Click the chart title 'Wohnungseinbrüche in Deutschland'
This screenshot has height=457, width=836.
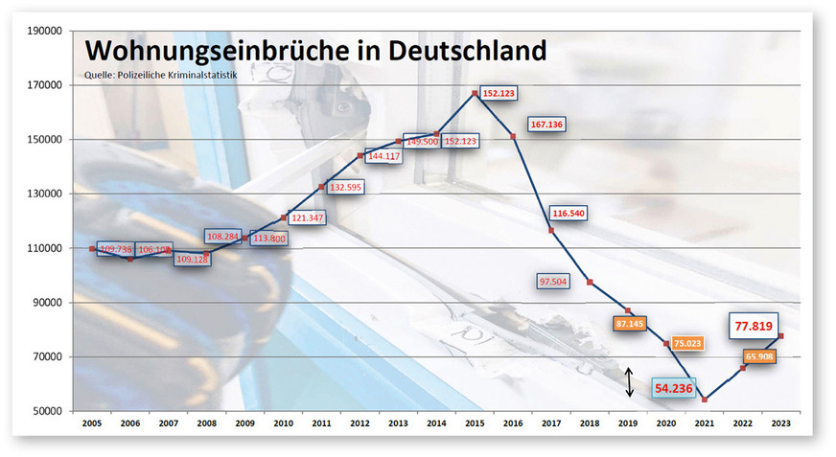pyautogui.click(x=314, y=50)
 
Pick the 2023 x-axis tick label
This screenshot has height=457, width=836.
pyautogui.click(x=781, y=423)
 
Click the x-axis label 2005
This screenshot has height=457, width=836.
pyautogui.click(x=92, y=423)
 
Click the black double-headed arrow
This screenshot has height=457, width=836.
pyautogui.click(x=629, y=382)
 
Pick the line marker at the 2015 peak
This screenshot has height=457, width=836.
pyautogui.click(x=476, y=93)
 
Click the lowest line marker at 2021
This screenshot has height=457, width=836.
pyautogui.click(x=705, y=400)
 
